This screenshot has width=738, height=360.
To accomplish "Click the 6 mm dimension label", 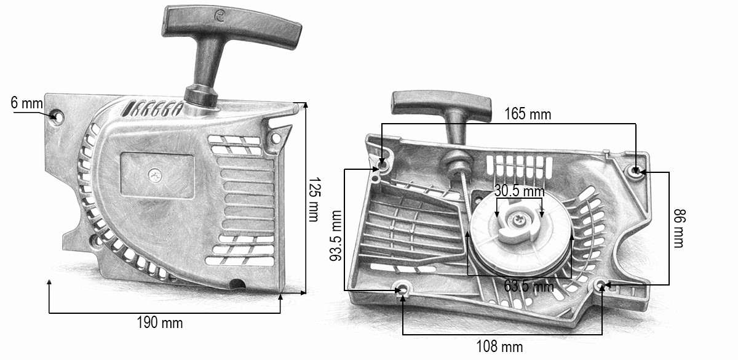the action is (26, 103).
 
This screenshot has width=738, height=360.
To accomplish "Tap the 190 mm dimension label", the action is (160, 322).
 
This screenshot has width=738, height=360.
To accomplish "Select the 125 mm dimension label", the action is (314, 200).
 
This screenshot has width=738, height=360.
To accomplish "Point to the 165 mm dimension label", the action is (528, 114).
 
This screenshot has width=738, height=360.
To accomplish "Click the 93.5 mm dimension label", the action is (336, 236).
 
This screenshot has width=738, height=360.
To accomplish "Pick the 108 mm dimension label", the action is (499, 347).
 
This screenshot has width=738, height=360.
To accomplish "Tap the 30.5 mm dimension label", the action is (519, 191).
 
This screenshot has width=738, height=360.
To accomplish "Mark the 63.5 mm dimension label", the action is (529, 286).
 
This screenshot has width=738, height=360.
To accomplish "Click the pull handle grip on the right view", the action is (441, 106).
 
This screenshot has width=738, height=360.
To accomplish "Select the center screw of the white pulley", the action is (518, 218).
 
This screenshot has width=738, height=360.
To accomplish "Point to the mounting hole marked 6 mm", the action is (58, 116).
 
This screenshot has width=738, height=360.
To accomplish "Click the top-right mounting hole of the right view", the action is (636, 171).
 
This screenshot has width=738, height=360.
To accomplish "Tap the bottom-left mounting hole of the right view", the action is (402, 289).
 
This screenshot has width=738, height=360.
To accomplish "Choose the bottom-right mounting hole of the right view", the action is (601, 285).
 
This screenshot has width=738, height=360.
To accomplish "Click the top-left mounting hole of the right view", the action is (382, 163).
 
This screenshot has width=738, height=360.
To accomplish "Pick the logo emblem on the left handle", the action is (220, 16).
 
